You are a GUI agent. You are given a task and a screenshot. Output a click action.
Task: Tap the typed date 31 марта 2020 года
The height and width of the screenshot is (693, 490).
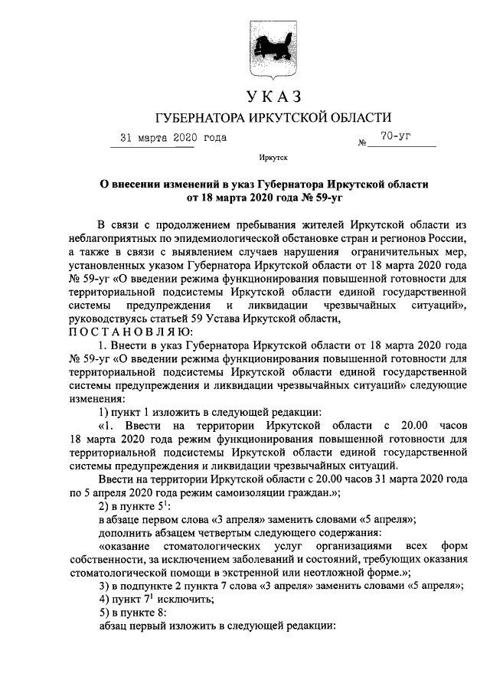(173, 139)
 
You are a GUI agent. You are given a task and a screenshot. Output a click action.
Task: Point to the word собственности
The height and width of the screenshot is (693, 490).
(103, 559)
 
